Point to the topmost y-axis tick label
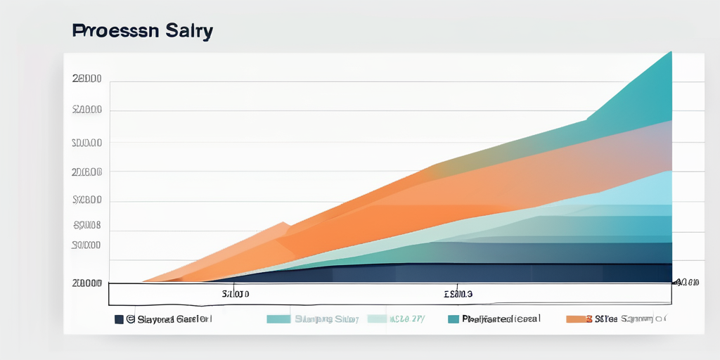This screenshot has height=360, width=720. [86, 79]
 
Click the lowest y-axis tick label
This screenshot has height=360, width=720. [86, 283]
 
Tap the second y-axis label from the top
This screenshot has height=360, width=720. [86, 110]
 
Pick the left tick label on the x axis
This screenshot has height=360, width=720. [236, 293]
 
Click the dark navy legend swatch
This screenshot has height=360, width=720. [119, 319]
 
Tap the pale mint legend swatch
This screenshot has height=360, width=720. [376, 319]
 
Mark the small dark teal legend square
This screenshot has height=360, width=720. [453, 319]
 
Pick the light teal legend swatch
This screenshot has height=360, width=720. [278, 319]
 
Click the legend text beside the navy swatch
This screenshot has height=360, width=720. [169, 319]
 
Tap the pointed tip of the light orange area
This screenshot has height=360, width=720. [285, 224]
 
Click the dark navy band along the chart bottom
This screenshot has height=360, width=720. [492, 273]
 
